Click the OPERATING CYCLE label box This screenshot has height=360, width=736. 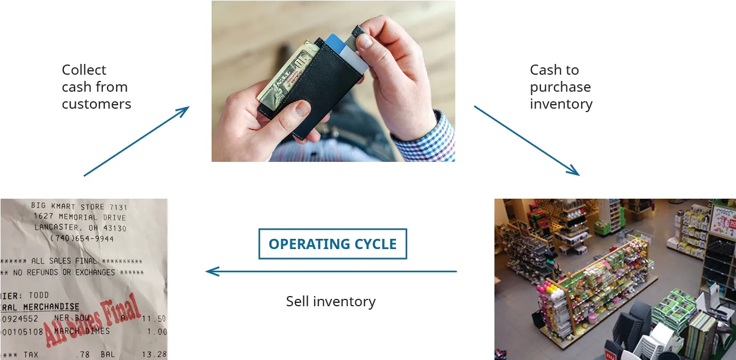coord(333,244)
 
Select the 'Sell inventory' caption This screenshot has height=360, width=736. coord(330,301)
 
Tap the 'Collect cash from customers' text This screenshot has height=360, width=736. coord(96,87)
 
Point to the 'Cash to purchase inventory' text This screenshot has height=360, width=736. coord(561,87)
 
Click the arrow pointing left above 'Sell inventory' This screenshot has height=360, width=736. coord(331,272)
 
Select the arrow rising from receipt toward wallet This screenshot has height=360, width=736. coord(136,141)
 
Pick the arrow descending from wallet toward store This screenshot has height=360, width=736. coord(526,140)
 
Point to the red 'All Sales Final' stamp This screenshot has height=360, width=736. coord(93,320)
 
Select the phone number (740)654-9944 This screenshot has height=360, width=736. coord(82,239)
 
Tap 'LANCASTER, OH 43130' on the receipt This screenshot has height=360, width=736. coord(80,228)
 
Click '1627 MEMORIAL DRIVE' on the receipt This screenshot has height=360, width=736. coord(79,217)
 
